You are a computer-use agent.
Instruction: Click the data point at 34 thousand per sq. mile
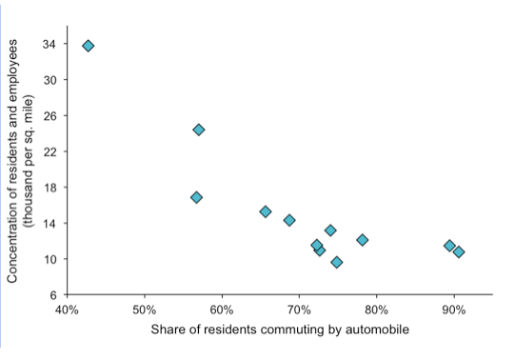click(x=89, y=46)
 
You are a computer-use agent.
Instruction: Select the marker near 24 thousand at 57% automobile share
click(x=199, y=130)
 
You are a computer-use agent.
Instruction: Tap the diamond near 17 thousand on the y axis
click(x=196, y=197)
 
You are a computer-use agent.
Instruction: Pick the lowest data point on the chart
click(x=337, y=262)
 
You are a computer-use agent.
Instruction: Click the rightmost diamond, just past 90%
click(x=459, y=251)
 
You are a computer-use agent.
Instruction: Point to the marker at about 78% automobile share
click(x=363, y=240)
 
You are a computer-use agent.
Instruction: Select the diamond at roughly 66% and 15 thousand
click(x=266, y=211)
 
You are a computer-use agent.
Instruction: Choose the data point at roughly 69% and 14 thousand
click(x=289, y=220)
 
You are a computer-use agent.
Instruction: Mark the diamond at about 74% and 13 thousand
click(x=330, y=230)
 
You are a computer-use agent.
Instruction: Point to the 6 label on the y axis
click(x=52, y=294)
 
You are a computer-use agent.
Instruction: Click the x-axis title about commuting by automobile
click(x=279, y=330)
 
